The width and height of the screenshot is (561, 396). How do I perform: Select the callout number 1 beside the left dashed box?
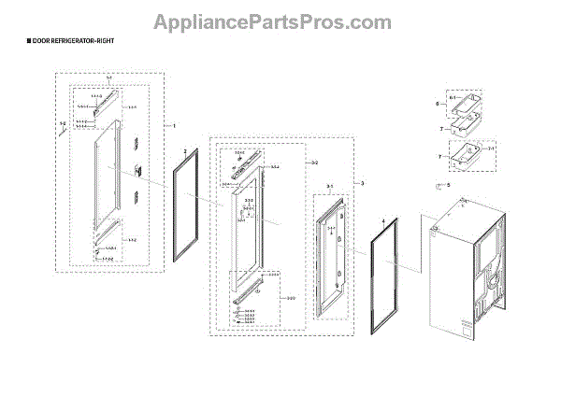click(171, 124)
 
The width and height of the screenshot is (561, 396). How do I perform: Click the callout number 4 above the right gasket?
click(381, 222)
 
